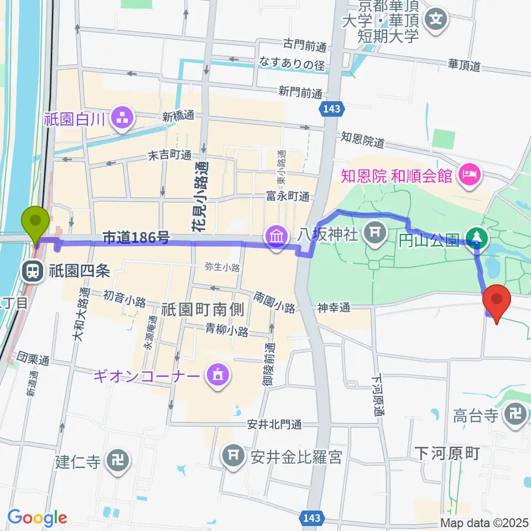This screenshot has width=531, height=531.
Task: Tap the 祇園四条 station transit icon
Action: [32, 271]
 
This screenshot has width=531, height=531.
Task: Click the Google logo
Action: [37, 518]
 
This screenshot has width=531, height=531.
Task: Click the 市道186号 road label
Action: [136, 238]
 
